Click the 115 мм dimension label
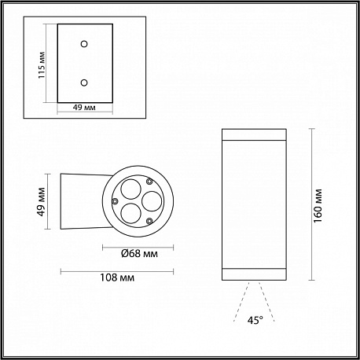tap(42, 65)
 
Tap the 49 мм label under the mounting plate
tap(84, 107)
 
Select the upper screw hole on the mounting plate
tap(84, 44)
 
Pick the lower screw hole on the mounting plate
tap(84, 83)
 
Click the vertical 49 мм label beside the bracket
tap(42, 202)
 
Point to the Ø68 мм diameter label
tap(139, 254)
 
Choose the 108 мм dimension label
tap(117, 277)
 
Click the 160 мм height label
tap(318, 205)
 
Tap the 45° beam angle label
tap(255, 320)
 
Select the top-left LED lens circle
tap(130, 189)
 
